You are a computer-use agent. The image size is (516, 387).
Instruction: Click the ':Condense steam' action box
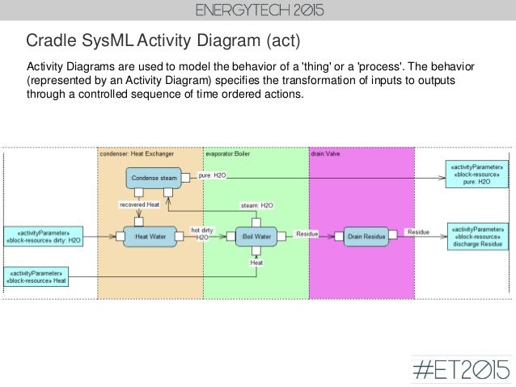(153, 179)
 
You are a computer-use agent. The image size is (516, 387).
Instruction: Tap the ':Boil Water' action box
(256, 236)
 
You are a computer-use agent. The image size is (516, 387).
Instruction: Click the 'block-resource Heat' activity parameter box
(36, 277)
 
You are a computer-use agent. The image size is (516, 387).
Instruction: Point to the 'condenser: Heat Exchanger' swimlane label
(137, 153)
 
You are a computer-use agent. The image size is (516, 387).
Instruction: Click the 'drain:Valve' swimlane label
(328, 153)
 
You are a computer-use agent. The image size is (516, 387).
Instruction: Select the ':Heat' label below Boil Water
(256, 263)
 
